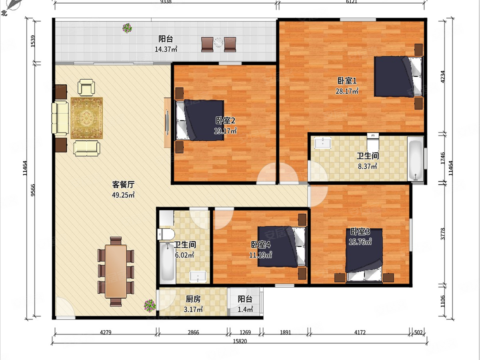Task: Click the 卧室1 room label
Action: coord(347,81)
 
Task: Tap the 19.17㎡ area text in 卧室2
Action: coord(225,131)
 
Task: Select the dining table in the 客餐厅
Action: coord(116,271)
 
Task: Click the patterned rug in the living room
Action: coord(87,118)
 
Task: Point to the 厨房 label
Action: coord(193,299)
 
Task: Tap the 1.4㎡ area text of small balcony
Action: coord(245,309)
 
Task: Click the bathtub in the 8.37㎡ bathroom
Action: coord(416,159)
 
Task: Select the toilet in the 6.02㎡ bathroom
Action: coord(166,234)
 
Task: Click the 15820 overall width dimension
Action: coord(240,341)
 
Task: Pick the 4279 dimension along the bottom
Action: coord(106,332)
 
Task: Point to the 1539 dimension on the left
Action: coord(33,41)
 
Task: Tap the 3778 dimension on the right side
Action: coord(443,234)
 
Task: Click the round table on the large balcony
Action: coord(218,42)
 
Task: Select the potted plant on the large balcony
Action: coord(127,28)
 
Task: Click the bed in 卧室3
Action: coord(364,255)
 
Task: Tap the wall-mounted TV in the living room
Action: coord(167,123)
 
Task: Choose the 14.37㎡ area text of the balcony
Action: coord(166,49)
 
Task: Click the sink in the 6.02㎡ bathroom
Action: coord(198,277)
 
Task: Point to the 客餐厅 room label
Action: coord(123,185)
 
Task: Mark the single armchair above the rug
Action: coord(86,88)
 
